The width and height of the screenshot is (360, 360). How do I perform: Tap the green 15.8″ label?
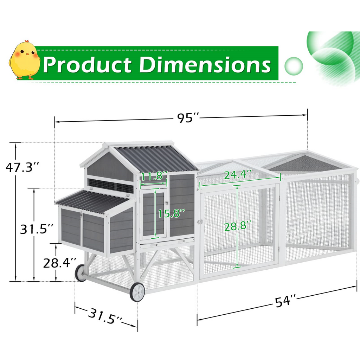(x=172, y=213)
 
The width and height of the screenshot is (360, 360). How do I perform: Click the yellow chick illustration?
(x=25, y=60)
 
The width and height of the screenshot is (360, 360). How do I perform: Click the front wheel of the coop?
(x=137, y=292)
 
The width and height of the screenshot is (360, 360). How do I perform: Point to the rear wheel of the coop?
(x=81, y=273)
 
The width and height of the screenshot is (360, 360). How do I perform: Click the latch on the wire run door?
(x=200, y=222)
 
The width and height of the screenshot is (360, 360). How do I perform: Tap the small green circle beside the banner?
(x=293, y=65)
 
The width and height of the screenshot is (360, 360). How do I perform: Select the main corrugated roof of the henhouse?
(x=156, y=158)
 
